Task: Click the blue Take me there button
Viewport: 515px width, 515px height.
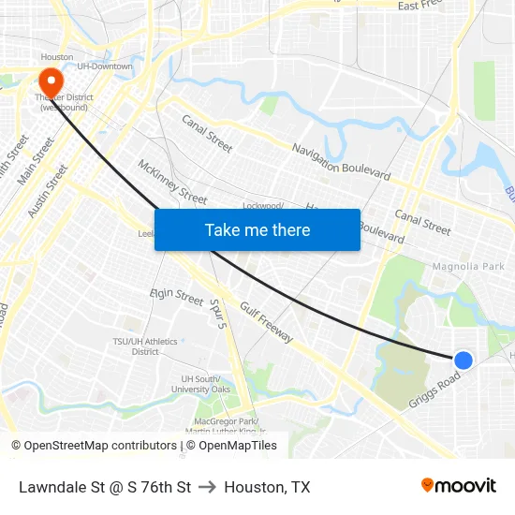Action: [x=257, y=229]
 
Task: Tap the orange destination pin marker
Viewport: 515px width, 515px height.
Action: [x=49, y=81]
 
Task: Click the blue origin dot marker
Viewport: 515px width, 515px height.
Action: [x=463, y=360]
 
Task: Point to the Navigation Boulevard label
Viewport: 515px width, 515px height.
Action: [x=341, y=162]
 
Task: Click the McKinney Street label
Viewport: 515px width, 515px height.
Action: [x=172, y=181]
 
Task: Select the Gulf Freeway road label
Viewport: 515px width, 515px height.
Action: [x=267, y=322]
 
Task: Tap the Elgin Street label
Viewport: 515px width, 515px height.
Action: [x=177, y=297]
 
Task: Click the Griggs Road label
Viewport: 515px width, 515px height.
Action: [x=434, y=391]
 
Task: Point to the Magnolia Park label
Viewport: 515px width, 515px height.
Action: [x=468, y=267]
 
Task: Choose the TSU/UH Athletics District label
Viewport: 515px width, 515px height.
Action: [x=145, y=346]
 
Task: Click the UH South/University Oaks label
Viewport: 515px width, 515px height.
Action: [x=205, y=384]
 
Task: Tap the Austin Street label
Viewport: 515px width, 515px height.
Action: [x=48, y=192]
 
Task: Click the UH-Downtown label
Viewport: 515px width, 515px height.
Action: [x=105, y=66]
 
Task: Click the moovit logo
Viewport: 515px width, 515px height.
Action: [x=458, y=486]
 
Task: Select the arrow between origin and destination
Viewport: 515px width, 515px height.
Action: [x=207, y=487]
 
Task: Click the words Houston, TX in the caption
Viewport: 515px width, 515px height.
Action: [x=267, y=487]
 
